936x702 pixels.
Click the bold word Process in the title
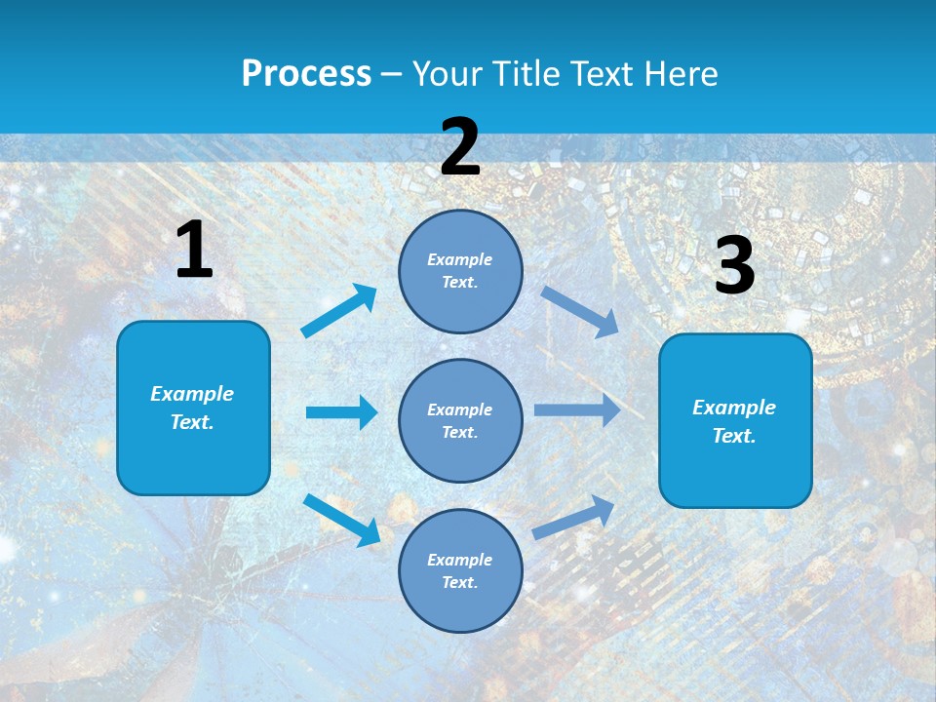coord(306,73)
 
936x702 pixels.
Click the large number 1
coord(194,251)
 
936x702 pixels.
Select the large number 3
coord(734,267)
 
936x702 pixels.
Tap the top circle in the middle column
coord(460,271)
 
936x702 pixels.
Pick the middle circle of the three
coord(460,420)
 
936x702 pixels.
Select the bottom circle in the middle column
coord(460,570)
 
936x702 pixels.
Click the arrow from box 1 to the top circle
coord(339,311)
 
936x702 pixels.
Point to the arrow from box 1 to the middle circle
coord(341,412)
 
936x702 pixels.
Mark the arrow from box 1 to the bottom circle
coord(341,519)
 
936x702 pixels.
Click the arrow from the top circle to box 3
coord(579,311)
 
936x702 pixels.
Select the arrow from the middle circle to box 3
coord(577,410)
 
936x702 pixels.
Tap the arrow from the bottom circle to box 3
coord(573,517)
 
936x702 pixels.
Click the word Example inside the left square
coord(192,394)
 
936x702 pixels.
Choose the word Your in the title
coord(446,73)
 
